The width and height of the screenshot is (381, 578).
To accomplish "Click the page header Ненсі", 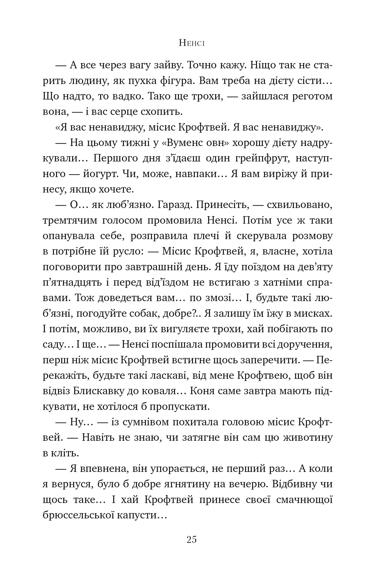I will [x=191, y=43].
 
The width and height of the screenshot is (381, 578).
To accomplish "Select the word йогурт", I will [x=91, y=174].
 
